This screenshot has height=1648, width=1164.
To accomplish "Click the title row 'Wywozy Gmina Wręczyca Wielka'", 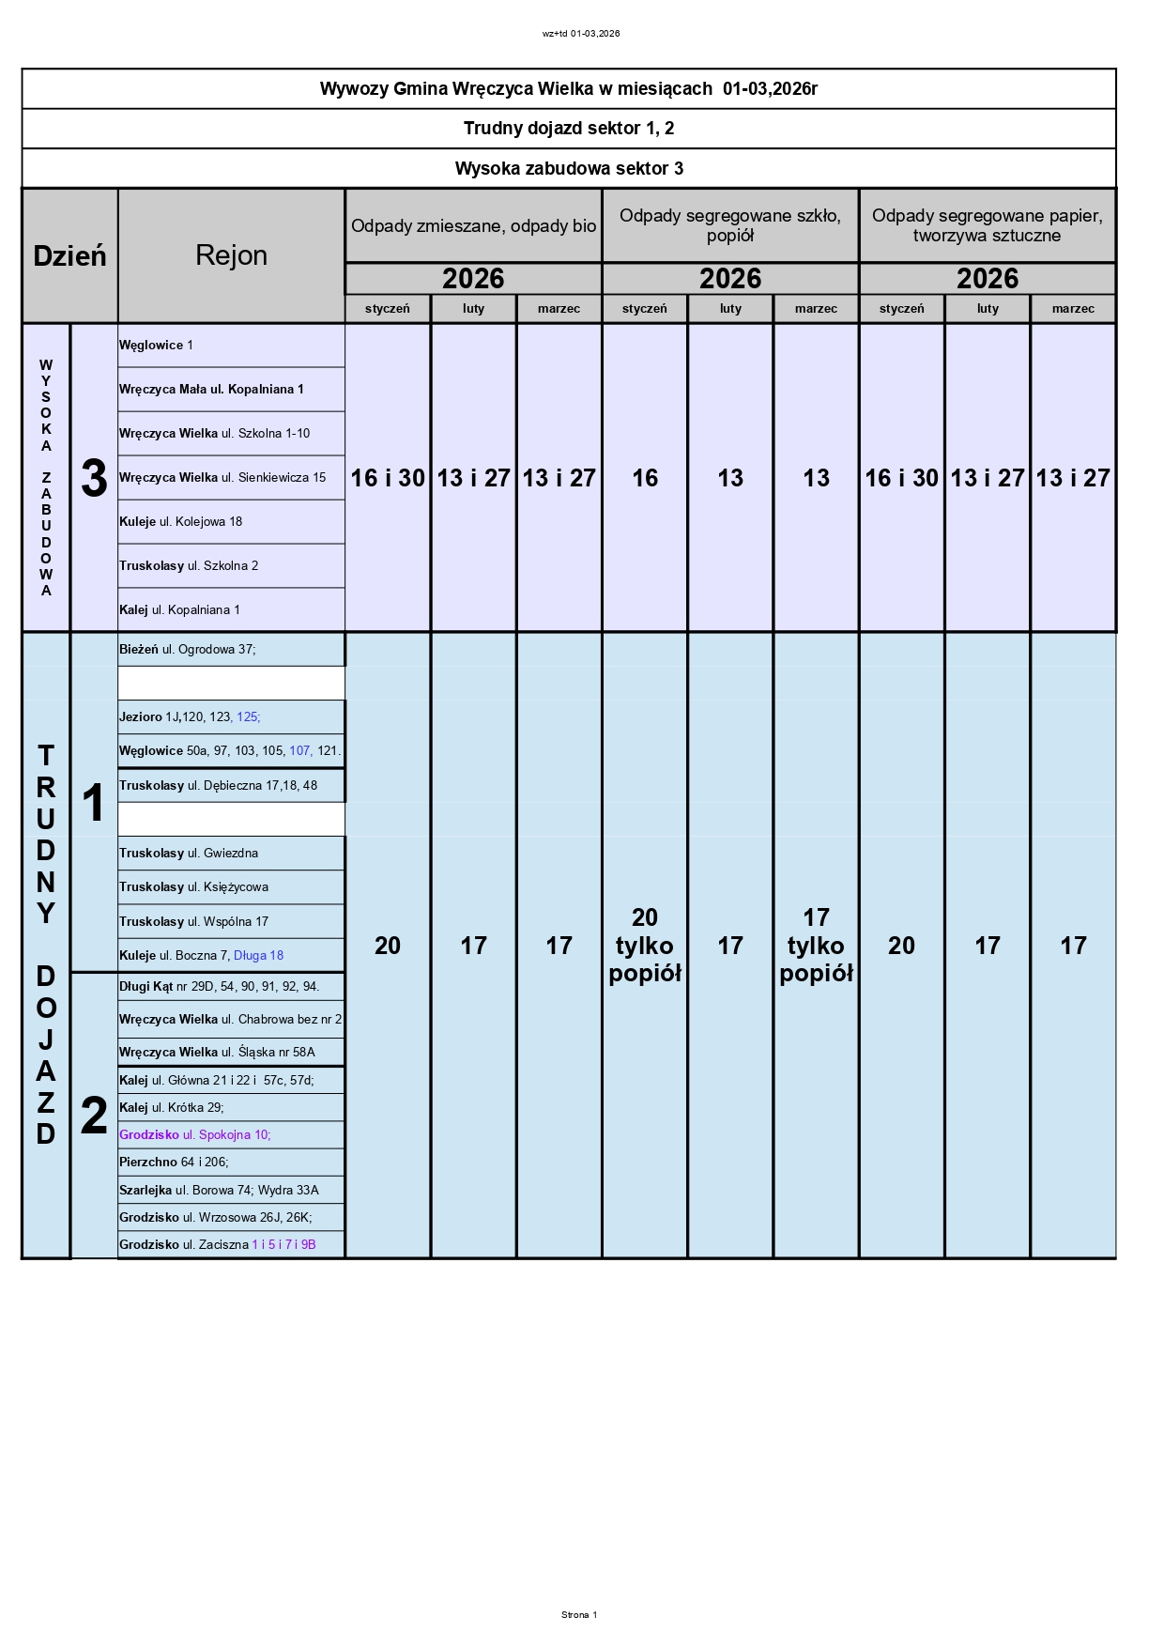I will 568,89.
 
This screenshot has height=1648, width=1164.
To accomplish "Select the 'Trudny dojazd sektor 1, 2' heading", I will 568,129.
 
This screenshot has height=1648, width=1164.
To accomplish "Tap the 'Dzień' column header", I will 69,255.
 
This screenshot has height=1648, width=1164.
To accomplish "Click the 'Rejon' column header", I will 231,255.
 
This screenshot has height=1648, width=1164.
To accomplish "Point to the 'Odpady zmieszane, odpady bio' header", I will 473,225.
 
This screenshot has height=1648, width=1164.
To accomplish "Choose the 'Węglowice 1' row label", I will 157,346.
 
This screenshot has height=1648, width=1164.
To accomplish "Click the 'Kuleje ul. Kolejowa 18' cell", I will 181,522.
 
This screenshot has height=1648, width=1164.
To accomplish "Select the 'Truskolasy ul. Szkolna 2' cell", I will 189,566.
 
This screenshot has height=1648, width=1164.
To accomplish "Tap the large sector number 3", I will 94,478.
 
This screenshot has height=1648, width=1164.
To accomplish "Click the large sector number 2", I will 94,1116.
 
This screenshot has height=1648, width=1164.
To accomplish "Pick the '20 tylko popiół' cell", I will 645,945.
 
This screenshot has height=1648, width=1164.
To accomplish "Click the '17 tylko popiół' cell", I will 816,945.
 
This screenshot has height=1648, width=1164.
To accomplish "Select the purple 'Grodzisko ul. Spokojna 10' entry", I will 194,1135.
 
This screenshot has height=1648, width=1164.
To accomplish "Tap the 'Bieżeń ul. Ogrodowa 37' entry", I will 188,650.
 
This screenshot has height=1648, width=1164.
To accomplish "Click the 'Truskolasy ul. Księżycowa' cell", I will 194,887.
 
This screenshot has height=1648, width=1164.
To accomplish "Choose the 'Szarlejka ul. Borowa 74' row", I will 219,1191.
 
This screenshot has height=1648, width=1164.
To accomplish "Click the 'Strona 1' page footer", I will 579,1615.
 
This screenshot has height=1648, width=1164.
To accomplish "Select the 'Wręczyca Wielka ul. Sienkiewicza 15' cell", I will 222,478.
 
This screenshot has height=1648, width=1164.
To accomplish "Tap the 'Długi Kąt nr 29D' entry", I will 220,987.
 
